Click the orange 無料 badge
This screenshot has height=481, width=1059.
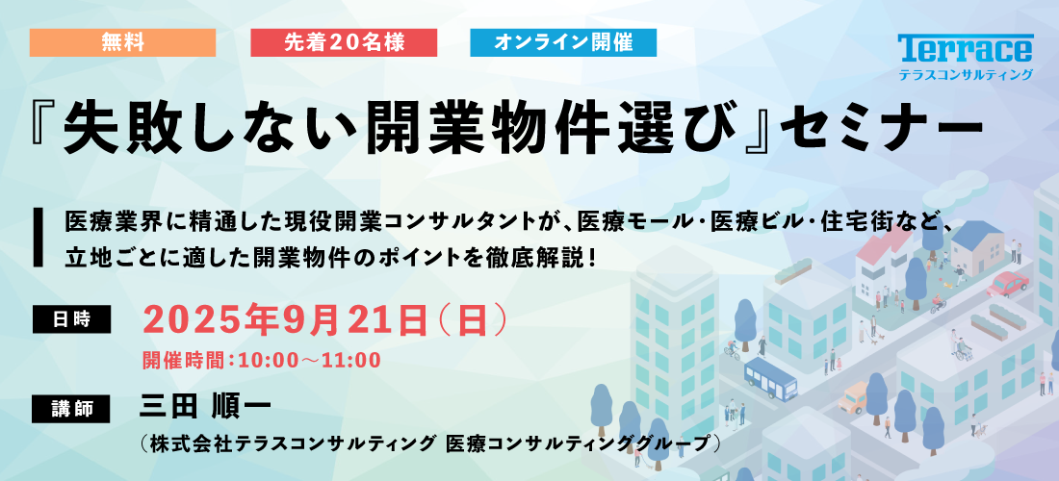pyautogui.click(x=123, y=43)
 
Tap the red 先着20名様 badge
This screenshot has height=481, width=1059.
pyautogui.click(x=344, y=43)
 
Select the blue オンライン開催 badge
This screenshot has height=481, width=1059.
pyautogui.click(x=563, y=43)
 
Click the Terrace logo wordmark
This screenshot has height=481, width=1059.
pyautogui.click(x=965, y=48)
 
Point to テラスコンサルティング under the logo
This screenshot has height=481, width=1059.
pyautogui.click(x=966, y=75)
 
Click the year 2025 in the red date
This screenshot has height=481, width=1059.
pyautogui.click(x=185, y=319)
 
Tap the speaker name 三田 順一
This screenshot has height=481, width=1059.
pyautogui.click(x=205, y=407)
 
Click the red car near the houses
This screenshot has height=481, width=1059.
pyautogui.click(x=1008, y=283)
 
